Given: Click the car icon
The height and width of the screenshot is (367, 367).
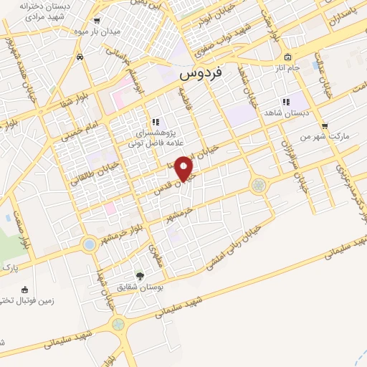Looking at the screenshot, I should point(82,56).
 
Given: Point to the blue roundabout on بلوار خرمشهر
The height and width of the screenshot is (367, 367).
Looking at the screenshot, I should point(89,244).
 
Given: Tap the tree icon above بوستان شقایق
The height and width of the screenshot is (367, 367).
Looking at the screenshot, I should point(140,275).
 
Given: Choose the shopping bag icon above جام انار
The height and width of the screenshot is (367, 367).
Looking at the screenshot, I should point(287,57).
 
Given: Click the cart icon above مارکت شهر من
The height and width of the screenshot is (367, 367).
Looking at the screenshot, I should point(325,125).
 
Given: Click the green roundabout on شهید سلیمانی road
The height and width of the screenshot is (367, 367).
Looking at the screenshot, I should point(118,323).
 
